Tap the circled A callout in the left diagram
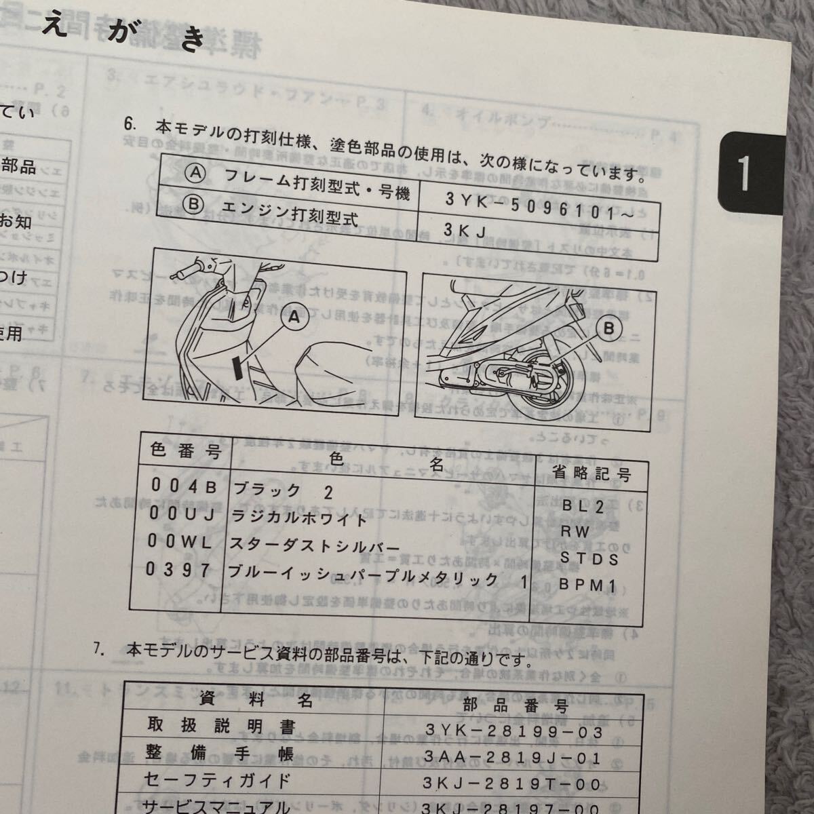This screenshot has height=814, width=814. (x=294, y=317)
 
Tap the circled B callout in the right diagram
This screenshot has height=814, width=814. (x=608, y=328)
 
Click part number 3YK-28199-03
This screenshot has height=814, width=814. (x=514, y=732)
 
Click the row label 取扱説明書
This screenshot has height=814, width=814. (x=222, y=727)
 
